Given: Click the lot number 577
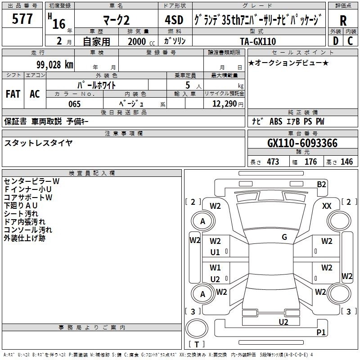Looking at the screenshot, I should pyautogui.click(x=22, y=19).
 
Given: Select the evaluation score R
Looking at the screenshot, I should pyautogui.click(x=343, y=20).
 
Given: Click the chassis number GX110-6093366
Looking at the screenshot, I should pyautogui.click(x=302, y=143).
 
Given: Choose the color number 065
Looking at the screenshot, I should pyautogui.click(x=74, y=104).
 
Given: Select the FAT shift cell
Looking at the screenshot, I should pyautogui.click(x=13, y=94).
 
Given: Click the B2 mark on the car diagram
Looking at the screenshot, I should pyautogui.click(x=321, y=184).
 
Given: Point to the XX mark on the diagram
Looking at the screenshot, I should pyautogui.click(x=327, y=206).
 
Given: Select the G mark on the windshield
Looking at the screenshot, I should pyautogui.click(x=284, y=237).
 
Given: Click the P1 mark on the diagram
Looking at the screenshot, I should pyautogui.click(x=321, y=333).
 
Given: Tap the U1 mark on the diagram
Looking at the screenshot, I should pyautogui.click(x=215, y=252).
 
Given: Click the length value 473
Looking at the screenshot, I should pyautogui.click(x=272, y=162).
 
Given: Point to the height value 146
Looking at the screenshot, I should pyautogui.click(x=346, y=162).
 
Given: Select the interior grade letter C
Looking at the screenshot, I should pyautogui.click(x=350, y=40).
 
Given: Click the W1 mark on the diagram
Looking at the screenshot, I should pyautogui.click(x=215, y=268).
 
